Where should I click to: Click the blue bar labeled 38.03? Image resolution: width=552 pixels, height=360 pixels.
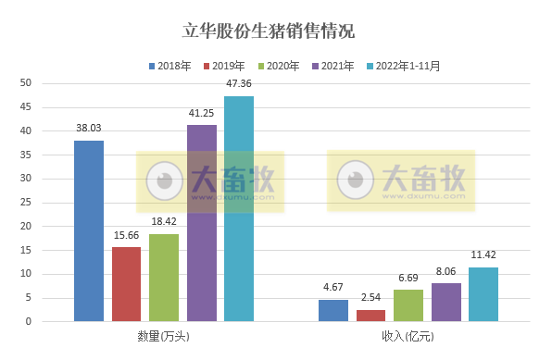89,231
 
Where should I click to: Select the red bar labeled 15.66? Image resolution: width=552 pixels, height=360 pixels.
126,284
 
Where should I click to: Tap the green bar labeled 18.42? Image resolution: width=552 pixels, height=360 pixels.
164,278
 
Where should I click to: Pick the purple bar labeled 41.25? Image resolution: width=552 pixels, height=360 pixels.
201,223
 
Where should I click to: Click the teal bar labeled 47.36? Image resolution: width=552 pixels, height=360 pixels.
238,209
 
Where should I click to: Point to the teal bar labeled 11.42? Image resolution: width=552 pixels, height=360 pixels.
483,294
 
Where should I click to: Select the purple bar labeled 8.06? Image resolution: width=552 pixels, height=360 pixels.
445,303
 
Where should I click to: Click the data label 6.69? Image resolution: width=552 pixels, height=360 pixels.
408,278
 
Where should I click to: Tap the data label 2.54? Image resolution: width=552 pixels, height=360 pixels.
370,298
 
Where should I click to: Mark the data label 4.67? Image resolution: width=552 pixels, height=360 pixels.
333,288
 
